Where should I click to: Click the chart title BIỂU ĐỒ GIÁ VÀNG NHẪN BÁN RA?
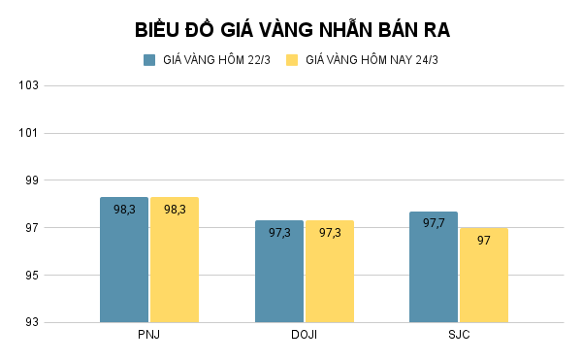(292, 30)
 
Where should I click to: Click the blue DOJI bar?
(279, 277)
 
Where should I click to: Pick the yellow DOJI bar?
(330, 277)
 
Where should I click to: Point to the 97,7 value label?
(434, 223)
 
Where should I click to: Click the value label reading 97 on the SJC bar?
(484, 240)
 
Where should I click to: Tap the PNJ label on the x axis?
(149, 335)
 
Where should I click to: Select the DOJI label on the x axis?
(305, 335)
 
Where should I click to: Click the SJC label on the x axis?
(459, 335)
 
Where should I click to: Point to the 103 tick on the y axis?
(28, 85)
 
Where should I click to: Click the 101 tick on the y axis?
(28, 133)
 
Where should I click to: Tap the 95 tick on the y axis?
(31, 276)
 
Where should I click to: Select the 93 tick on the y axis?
(31, 323)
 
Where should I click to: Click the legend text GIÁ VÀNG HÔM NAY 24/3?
(372, 60)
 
